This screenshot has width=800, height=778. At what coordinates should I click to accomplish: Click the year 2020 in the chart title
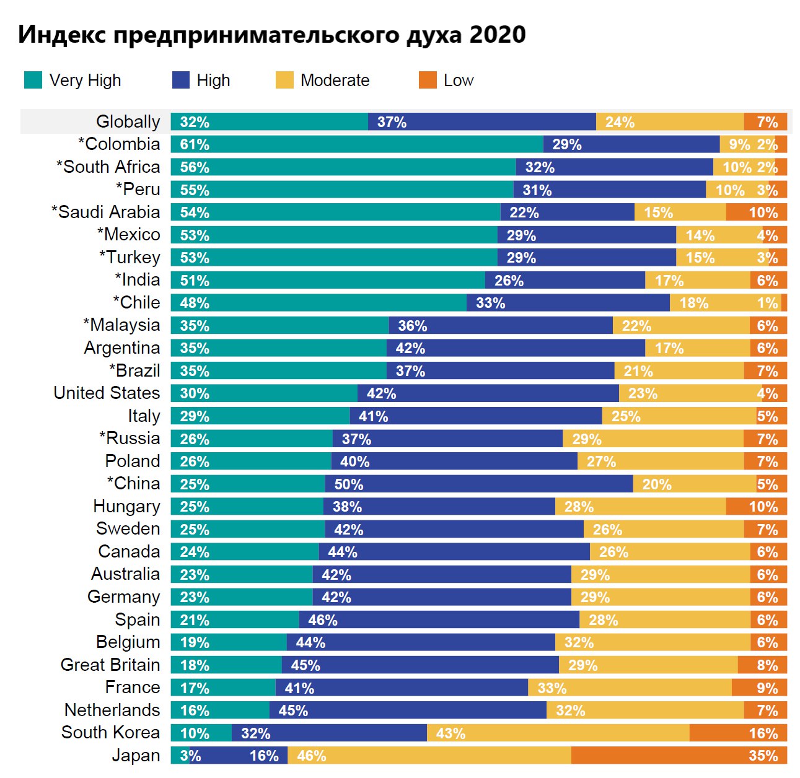(498, 35)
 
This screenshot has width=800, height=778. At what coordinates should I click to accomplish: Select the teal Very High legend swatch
(33, 80)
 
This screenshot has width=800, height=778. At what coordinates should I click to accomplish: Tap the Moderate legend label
(335, 81)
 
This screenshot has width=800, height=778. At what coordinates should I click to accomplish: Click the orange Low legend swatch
(428, 80)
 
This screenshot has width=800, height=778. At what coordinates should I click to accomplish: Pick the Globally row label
(128, 121)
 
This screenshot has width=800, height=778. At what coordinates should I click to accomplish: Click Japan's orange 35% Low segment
(679, 756)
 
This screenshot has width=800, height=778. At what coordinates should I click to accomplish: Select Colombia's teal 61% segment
(356, 144)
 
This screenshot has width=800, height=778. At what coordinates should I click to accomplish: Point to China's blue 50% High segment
(478, 484)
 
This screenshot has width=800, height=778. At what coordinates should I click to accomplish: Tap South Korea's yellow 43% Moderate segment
(558, 733)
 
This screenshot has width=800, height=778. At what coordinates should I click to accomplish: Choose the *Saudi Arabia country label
(105, 212)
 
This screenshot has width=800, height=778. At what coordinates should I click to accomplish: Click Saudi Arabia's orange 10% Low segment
(756, 212)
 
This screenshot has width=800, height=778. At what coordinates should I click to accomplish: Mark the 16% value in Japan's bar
(264, 756)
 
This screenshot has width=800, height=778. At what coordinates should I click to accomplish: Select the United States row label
(107, 393)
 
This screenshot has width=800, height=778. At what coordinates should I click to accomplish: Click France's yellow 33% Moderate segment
(630, 688)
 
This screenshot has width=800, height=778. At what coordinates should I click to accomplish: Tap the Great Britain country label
(110, 665)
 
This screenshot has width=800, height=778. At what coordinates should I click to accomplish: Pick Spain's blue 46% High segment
(439, 620)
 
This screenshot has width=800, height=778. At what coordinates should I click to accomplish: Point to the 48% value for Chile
(195, 303)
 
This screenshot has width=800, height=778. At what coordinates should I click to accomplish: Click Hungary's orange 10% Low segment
(756, 507)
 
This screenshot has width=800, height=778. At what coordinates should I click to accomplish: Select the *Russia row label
(130, 439)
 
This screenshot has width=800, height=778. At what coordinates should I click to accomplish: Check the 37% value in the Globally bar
(392, 122)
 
